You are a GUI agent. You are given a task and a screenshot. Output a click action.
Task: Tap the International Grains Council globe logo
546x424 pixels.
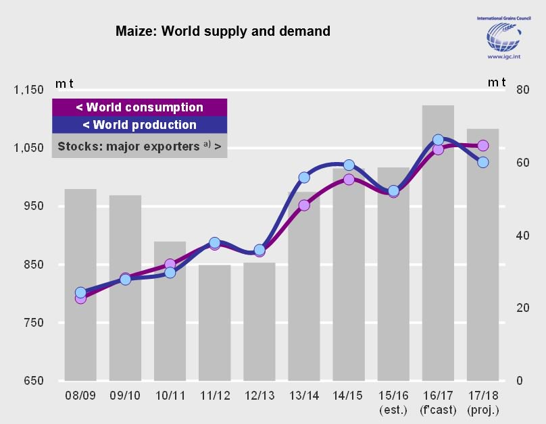[x=504, y=37]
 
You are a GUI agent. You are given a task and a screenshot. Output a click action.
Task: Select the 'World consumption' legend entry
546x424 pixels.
[x=139, y=107]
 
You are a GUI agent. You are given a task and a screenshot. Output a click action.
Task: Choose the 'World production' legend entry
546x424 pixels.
[x=139, y=125]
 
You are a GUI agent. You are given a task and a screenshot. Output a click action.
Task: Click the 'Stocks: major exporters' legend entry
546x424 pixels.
[x=139, y=146]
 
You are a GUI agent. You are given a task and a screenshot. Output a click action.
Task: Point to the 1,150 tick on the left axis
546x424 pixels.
[x=28, y=90]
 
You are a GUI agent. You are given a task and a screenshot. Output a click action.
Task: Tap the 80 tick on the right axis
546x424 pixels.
[x=521, y=90]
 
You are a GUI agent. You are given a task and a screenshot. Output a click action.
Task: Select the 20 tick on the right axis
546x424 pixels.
[x=521, y=308]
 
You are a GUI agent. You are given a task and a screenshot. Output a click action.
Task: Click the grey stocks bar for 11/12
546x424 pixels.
[x=214, y=324]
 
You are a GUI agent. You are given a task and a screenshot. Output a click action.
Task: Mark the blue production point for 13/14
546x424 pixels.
[x=304, y=178]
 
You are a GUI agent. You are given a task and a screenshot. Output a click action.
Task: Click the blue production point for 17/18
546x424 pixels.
[x=483, y=162]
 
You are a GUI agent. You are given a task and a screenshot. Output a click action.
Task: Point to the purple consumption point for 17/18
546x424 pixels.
[x=483, y=145]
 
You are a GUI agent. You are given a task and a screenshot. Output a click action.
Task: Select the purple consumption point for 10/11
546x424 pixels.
[x=170, y=264]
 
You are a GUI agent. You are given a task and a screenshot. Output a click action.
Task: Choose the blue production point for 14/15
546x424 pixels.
[x=349, y=165]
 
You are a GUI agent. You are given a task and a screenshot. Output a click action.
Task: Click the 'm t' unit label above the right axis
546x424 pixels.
[x=497, y=82]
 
